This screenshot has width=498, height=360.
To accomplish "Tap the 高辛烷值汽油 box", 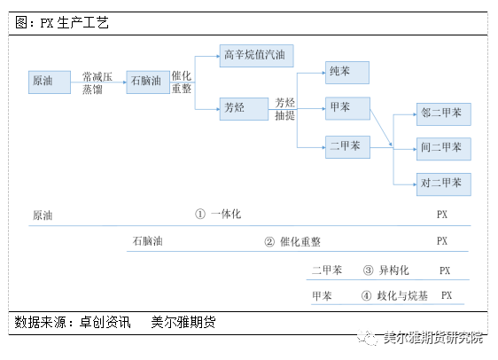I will pyautogui.click(x=255, y=55).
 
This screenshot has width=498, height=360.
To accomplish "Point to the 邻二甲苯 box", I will pyautogui.click(x=444, y=114).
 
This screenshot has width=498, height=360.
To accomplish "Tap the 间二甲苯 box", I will pyautogui.click(x=444, y=148).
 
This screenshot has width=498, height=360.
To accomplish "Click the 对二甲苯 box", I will pyautogui.click(x=444, y=184).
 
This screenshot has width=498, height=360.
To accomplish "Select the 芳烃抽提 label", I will pyautogui.click(x=284, y=109).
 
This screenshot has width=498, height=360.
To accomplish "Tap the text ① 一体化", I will pyautogui.click(x=218, y=215).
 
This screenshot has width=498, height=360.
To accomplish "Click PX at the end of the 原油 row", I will pyautogui.click(x=442, y=215).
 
